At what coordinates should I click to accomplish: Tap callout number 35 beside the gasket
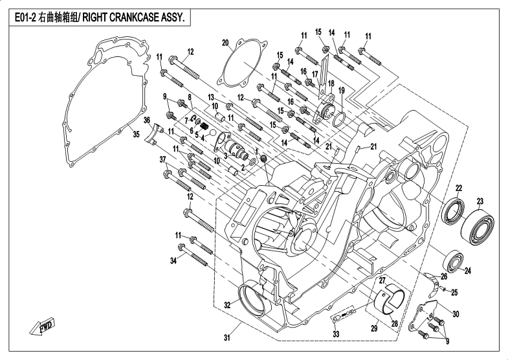[136, 135]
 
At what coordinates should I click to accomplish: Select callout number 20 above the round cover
[225, 43]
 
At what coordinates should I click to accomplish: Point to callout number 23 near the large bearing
[480, 200]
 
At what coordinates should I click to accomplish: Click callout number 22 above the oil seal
[458, 188]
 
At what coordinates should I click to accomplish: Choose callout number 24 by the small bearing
[467, 271]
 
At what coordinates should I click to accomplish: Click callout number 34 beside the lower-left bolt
[173, 260]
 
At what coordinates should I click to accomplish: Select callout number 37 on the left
[163, 159]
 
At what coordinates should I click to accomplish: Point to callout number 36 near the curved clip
[147, 120]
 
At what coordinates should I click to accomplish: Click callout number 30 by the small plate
[455, 314]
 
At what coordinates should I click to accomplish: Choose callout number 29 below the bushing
[373, 328]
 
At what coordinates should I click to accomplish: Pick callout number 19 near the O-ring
[341, 90]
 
